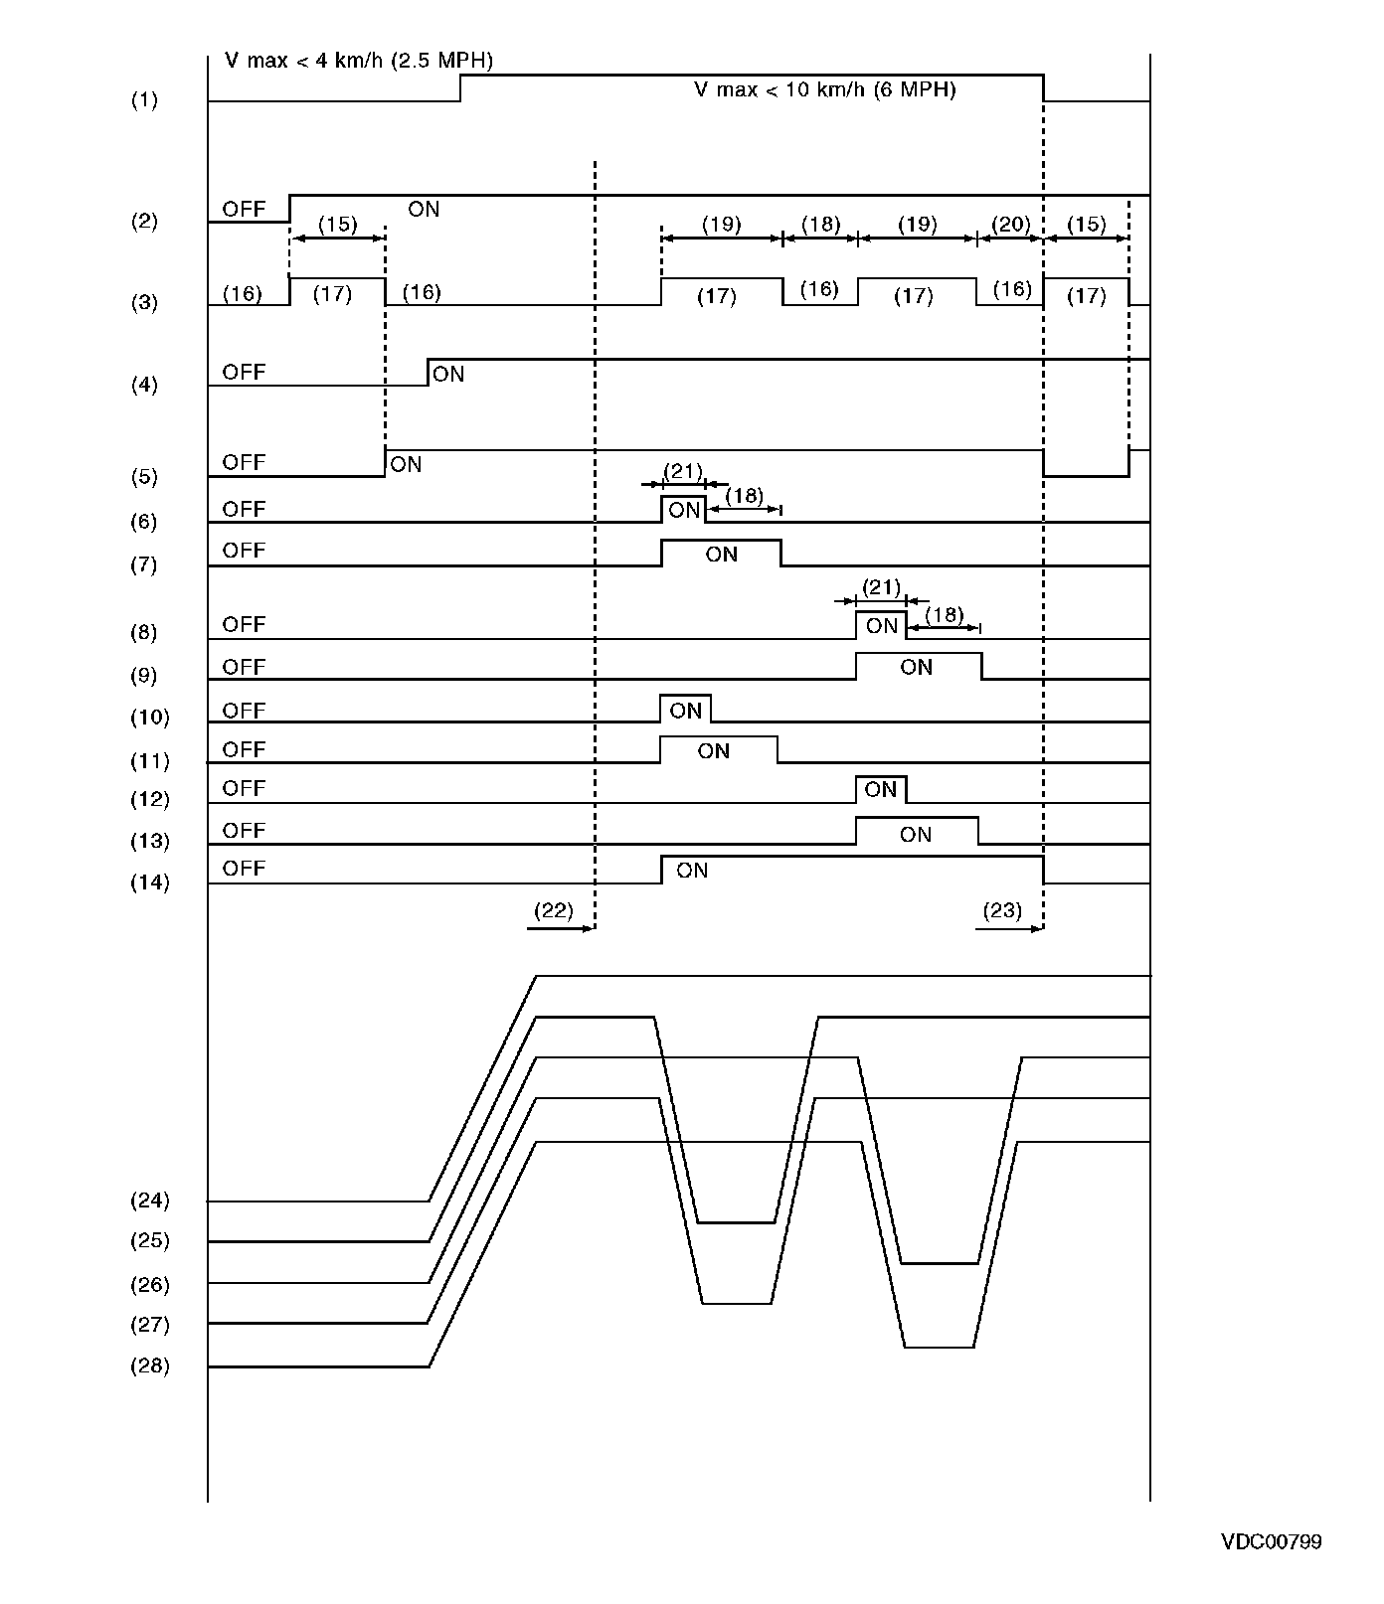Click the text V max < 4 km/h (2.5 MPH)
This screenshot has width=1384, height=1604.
point(359,61)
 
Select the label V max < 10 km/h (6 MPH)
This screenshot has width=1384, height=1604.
point(824,89)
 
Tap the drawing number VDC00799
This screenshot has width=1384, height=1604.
point(1272,1541)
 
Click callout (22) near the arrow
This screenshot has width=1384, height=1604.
point(554,910)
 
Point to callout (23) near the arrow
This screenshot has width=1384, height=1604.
point(1002,910)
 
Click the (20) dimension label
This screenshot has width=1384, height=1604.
point(1011,225)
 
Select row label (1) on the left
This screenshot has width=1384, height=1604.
point(144,100)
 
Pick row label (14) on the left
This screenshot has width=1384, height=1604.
point(149,882)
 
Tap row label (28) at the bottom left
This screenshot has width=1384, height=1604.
point(149,1366)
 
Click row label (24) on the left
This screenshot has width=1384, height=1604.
point(149,1201)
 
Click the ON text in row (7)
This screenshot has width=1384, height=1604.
point(721,555)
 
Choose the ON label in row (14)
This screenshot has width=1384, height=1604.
point(692,871)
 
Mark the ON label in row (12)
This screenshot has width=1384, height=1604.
point(880,790)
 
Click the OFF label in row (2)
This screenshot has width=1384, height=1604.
point(244,209)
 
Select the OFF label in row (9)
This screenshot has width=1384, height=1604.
point(244,667)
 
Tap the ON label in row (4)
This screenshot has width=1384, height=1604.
point(448,374)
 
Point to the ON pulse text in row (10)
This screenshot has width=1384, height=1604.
point(686,711)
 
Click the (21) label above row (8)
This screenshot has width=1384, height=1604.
point(881,587)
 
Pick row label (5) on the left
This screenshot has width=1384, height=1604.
point(144,477)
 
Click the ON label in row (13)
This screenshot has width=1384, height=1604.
point(916,834)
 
